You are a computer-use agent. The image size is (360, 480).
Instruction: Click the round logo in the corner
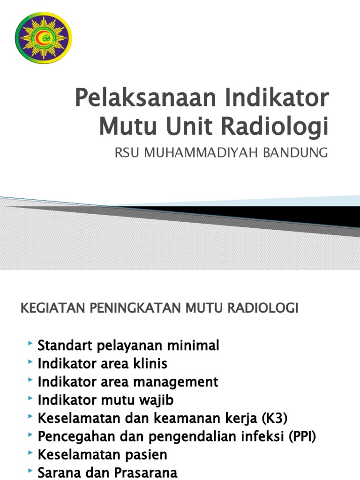[x=44, y=36]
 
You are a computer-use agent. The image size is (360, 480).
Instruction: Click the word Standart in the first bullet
[x=66, y=346]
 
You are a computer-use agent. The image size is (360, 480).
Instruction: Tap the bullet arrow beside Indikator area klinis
[x=30, y=363]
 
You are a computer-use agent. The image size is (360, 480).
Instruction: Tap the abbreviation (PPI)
[x=302, y=436]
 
